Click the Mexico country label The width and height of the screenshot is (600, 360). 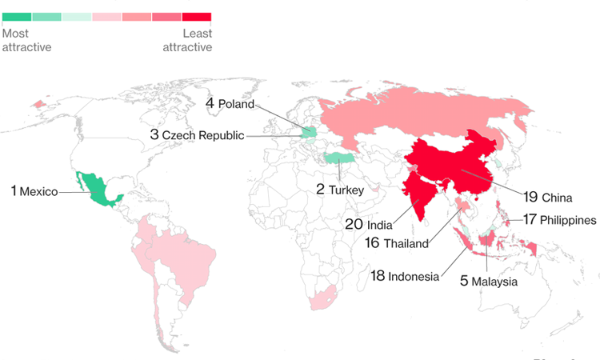tap(38, 192)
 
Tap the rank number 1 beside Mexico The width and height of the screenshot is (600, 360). tap(14, 191)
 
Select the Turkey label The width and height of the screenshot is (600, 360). tap(346, 190)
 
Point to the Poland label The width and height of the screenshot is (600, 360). tap(236, 104)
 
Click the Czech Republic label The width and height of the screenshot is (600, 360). tap(203, 135)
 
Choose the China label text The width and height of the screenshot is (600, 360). tap(557, 197)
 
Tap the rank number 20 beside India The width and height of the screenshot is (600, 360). tap(354, 224)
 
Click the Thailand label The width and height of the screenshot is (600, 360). tap(406, 243)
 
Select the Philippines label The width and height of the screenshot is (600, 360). tap(568, 219)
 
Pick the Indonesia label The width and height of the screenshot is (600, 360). tap(414, 277)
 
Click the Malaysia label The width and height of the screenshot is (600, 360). tap(494, 282)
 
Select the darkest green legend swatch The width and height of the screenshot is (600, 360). tap(17, 16)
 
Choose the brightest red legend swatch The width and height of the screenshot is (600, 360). tap(197, 16)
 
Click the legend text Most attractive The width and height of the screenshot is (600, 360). tap(27, 40)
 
